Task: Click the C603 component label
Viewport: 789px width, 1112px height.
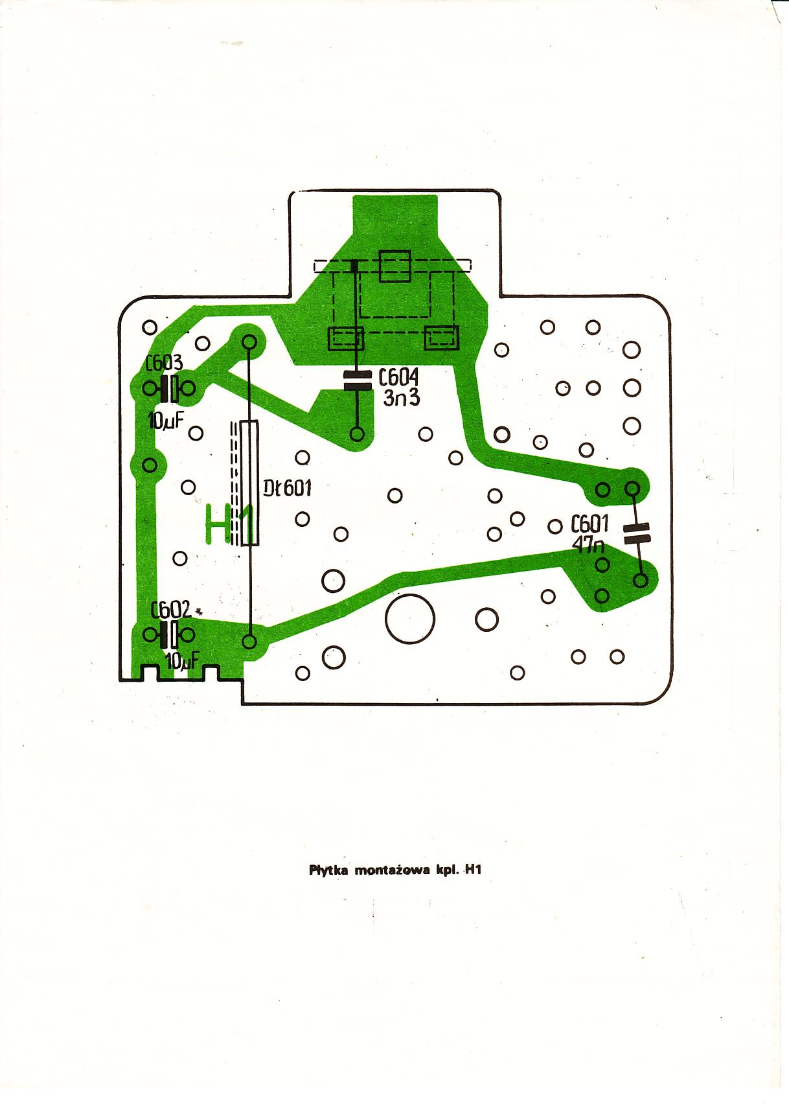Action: pyautogui.click(x=165, y=364)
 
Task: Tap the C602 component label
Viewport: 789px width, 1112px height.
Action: pyautogui.click(x=170, y=610)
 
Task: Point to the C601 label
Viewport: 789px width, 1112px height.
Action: pyautogui.click(x=589, y=524)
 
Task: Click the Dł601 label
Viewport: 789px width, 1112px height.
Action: pyautogui.click(x=288, y=487)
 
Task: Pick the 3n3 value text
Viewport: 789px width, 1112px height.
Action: pyautogui.click(x=402, y=397)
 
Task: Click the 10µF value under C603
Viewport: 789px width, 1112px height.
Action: pyautogui.click(x=166, y=421)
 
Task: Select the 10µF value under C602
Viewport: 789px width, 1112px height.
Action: pyautogui.click(x=182, y=662)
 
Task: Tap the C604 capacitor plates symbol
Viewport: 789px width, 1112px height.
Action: pyautogui.click(x=356, y=380)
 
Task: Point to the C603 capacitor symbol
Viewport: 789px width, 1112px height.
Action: pyautogui.click(x=169, y=389)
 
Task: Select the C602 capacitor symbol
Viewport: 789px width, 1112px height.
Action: pyautogui.click(x=169, y=635)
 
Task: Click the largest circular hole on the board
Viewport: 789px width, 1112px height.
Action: pyautogui.click(x=409, y=619)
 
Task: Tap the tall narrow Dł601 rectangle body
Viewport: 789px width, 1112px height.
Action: pyautogui.click(x=249, y=483)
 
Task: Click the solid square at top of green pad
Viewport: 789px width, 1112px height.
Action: pyautogui.click(x=394, y=266)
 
